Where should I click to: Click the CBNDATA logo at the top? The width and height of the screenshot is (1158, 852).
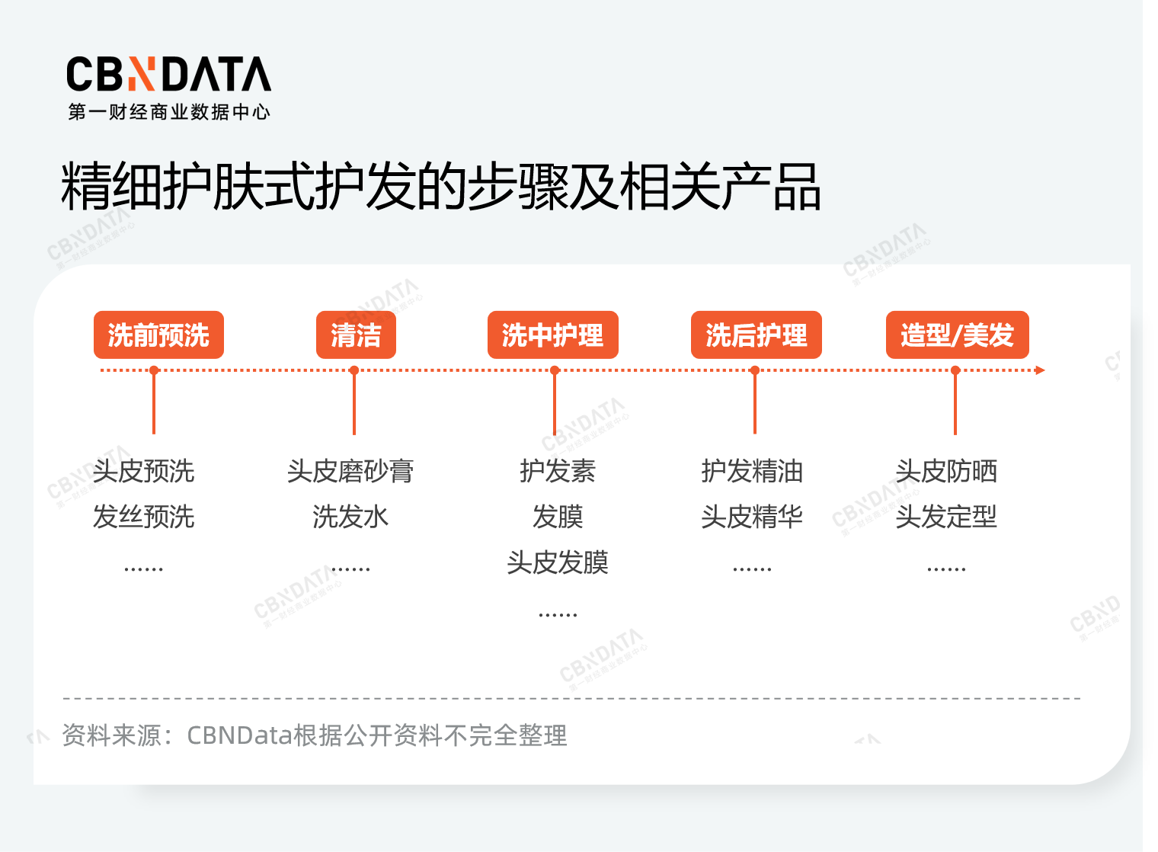pos(168,75)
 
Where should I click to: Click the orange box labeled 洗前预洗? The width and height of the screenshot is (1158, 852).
pos(158,335)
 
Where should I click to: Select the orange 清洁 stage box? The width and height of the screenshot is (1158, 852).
pos(356,335)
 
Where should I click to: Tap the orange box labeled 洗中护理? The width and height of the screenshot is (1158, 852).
pos(552,335)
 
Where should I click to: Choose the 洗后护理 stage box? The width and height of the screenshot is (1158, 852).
pos(756,335)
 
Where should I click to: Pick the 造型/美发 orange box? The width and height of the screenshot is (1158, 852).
pos(957,335)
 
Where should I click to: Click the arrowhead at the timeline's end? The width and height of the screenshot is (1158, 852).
pos(1040,370)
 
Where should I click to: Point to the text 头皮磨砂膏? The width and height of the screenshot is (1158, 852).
pos(350,471)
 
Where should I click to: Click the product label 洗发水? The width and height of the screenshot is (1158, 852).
pos(350,517)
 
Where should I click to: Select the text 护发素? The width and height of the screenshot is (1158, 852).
pos(558,471)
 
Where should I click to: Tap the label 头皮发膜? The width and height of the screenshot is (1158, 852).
pos(558,562)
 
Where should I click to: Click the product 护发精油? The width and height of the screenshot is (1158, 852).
pos(752,471)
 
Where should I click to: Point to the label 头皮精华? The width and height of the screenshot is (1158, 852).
pos(752,517)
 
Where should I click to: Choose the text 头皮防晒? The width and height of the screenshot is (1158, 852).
pos(946,471)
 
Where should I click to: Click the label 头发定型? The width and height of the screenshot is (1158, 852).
pos(946,517)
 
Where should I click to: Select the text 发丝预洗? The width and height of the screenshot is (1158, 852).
pos(143,517)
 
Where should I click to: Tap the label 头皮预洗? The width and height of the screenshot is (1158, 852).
pos(143,471)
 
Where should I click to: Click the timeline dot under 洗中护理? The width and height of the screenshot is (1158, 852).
pos(555,370)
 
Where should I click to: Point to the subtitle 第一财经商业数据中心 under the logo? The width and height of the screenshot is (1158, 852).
pos(169,112)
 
